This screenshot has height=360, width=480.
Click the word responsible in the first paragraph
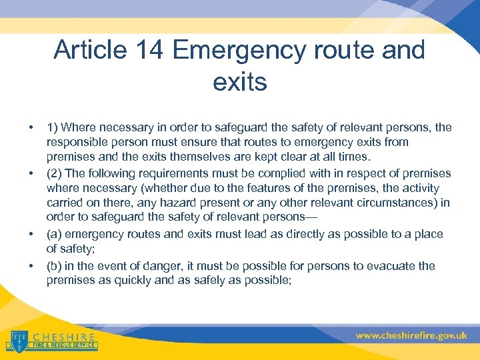[x=80, y=142]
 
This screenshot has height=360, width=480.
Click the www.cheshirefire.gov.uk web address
[x=411, y=336]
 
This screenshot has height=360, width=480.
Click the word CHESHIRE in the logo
[x=63, y=337]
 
